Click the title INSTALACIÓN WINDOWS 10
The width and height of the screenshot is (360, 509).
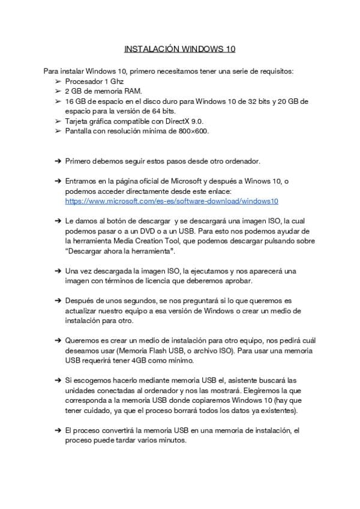[179, 48]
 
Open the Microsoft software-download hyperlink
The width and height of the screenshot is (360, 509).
[172, 201]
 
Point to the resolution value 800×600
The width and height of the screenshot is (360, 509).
[195, 131]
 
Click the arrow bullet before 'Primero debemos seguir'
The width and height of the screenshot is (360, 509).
[58, 161]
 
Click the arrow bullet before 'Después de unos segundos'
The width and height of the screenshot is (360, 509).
[58, 300]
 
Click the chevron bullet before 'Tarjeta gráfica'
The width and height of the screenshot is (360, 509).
[58, 121]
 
